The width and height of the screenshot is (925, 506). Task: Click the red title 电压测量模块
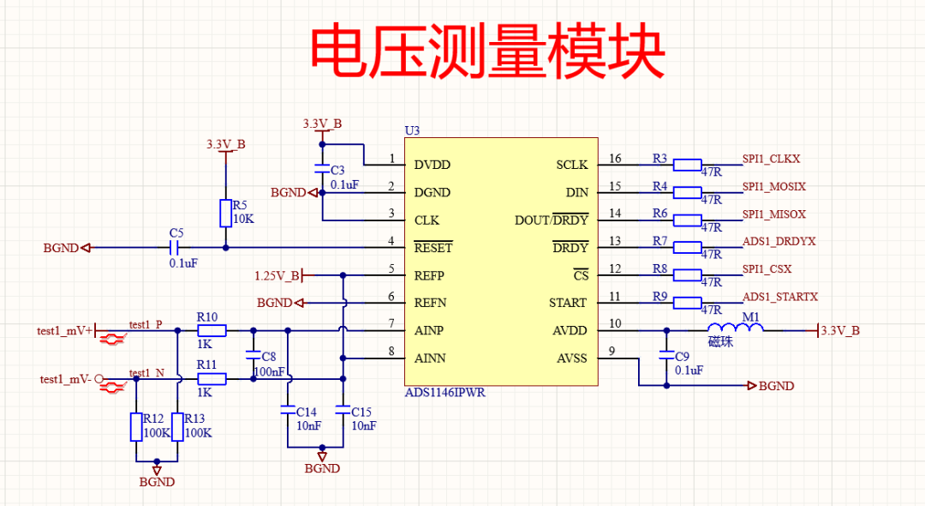point(486,53)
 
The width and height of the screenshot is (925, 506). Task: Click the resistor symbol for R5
point(225,213)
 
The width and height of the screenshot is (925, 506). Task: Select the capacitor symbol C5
point(176,248)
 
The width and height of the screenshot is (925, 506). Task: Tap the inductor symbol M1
point(735,329)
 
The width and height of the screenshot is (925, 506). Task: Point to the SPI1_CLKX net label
point(771,160)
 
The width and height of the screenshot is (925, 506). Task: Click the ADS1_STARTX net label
point(779,297)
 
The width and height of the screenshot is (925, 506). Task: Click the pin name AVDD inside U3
point(570,330)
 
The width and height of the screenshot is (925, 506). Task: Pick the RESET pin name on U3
point(433,248)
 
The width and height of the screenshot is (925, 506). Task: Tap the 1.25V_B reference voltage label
point(277,275)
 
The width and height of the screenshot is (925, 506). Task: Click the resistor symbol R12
point(136,427)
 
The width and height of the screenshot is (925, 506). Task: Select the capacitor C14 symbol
point(288,411)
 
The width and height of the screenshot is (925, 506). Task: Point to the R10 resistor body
point(212,330)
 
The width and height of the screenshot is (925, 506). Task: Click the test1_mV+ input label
point(64,330)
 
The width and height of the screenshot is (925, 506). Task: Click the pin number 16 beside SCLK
point(615,159)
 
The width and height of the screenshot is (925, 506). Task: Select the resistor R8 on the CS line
point(687,275)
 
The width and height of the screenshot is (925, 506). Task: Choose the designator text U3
point(412,130)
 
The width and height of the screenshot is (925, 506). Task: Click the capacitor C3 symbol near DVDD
point(322,169)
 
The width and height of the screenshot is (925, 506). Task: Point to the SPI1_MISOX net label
point(773,214)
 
